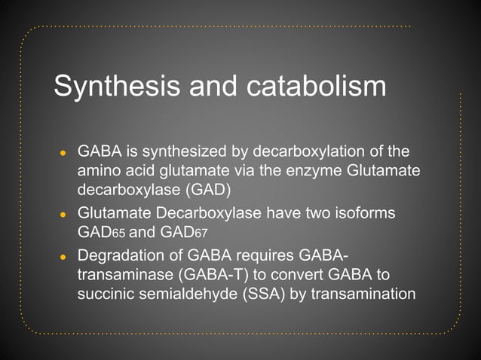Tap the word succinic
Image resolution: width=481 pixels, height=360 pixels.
(105, 292)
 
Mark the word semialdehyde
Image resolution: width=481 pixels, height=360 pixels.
(184, 292)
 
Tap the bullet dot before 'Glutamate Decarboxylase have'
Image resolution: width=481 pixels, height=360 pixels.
(64, 214)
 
